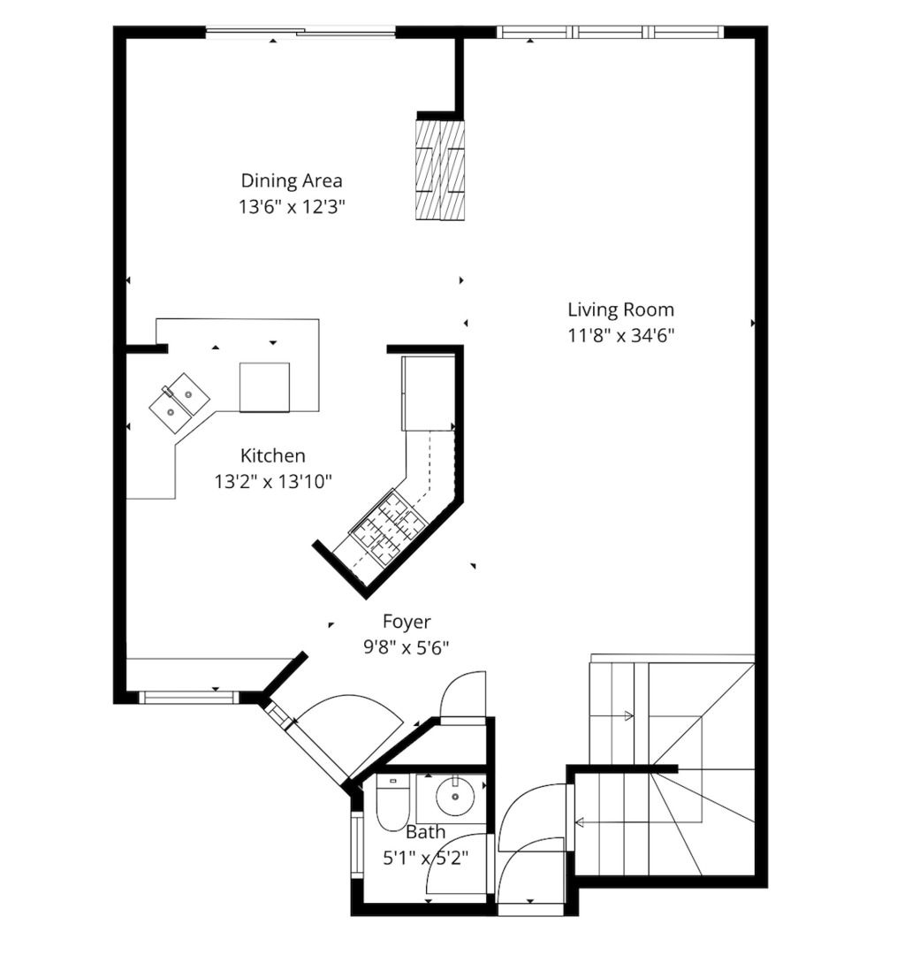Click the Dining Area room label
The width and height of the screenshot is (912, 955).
click(x=292, y=181)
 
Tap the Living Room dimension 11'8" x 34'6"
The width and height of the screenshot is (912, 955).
click(x=621, y=336)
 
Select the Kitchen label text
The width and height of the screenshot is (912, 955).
click(x=273, y=455)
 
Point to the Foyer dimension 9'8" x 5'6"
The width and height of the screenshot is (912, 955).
click(x=407, y=646)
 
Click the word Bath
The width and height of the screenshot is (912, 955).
click(x=426, y=832)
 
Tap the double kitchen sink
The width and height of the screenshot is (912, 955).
click(x=179, y=402)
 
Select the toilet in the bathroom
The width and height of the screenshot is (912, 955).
click(x=391, y=803)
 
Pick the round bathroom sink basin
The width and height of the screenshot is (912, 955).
click(x=455, y=795)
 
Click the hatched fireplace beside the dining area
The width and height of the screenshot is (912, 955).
click(x=439, y=171)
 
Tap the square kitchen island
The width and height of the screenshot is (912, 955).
click(x=264, y=387)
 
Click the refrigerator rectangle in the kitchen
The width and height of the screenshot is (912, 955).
click(x=428, y=393)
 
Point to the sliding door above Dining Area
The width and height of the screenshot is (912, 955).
click(x=300, y=32)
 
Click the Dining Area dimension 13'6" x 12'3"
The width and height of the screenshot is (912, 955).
click(x=292, y=207)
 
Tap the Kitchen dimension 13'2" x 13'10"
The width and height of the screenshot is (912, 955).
click(x=273, y=483)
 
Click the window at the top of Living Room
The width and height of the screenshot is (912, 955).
click(x=610, y=32)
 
